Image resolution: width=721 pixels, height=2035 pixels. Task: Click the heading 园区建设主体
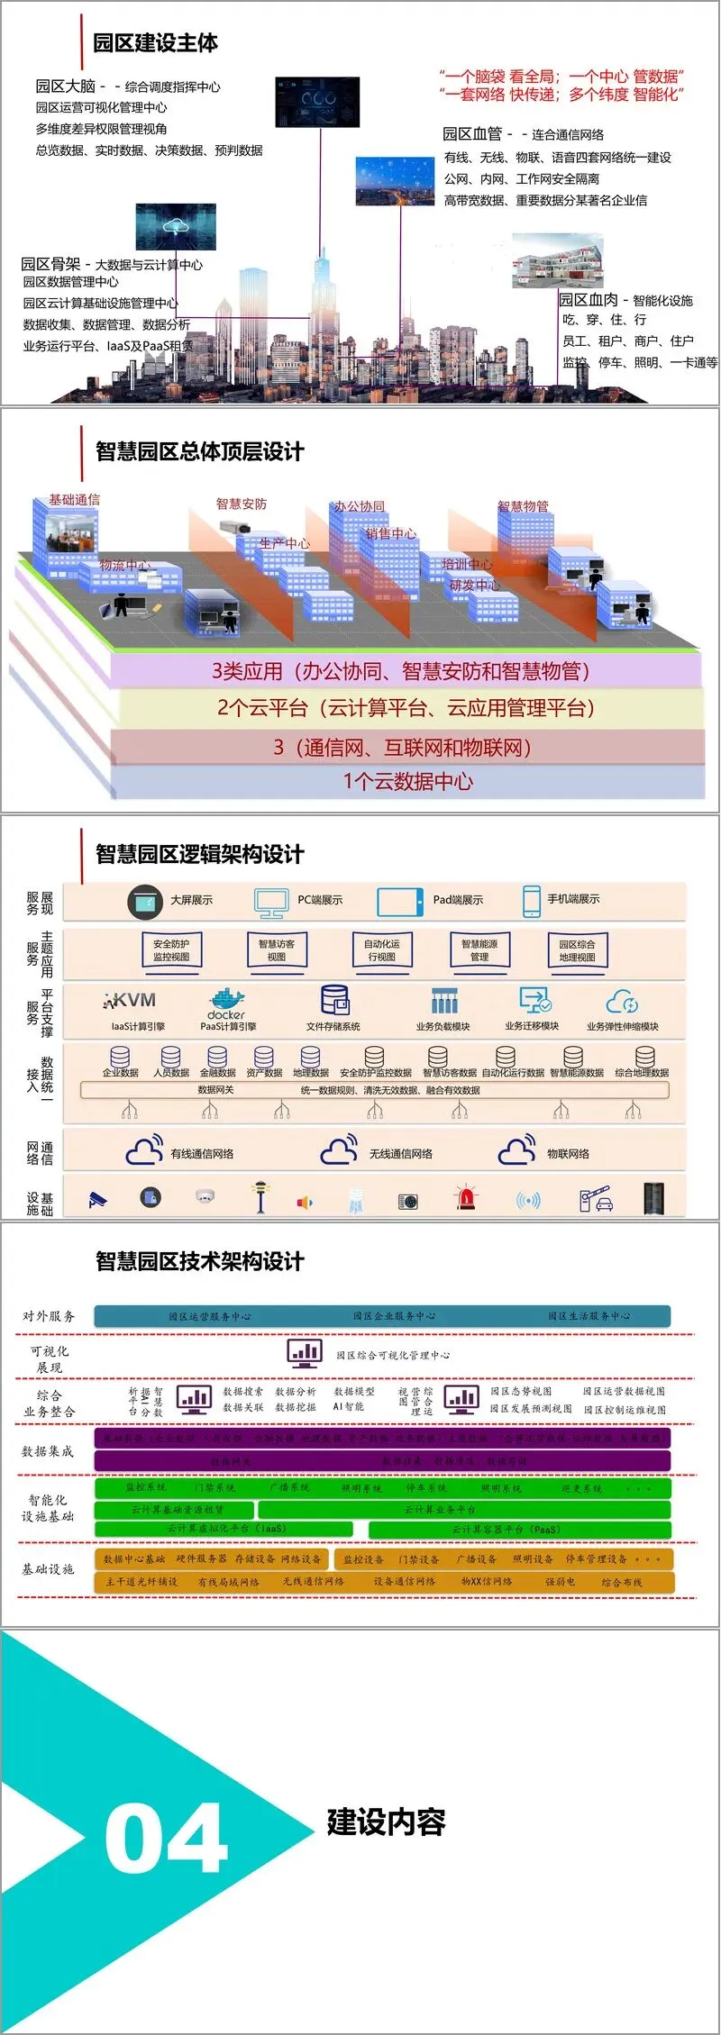tap(155, 42)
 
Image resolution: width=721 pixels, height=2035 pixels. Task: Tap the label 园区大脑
tap(65, 86)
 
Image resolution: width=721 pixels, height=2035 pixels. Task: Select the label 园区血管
tap(471, 134)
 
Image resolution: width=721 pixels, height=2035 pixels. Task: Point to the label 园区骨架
tap(50, 264)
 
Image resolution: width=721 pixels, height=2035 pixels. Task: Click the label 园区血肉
tap(588, 300)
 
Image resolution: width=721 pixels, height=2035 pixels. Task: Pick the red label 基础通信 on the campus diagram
tap(74, 500)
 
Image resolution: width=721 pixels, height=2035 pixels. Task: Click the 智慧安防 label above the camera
tap(241, 504)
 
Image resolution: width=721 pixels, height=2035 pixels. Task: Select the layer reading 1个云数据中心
tap(407, 781)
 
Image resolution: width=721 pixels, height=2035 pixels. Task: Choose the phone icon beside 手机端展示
tap(531, 900)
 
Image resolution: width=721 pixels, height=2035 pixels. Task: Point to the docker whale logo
tap(227, 999)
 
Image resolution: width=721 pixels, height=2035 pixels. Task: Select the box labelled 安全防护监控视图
tap(171, 950)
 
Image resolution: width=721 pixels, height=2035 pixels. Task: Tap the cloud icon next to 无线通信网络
tap(339, 1151)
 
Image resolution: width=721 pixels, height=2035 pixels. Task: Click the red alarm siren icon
tap(466, 1198)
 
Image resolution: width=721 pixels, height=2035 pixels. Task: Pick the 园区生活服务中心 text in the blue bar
tap(589, 1316)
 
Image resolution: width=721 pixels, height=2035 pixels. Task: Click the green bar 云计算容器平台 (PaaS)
tap(519, 1530)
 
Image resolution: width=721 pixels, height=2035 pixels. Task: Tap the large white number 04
tap(166, 1839)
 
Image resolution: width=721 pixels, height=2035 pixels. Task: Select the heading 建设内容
tap(386, 1822)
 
